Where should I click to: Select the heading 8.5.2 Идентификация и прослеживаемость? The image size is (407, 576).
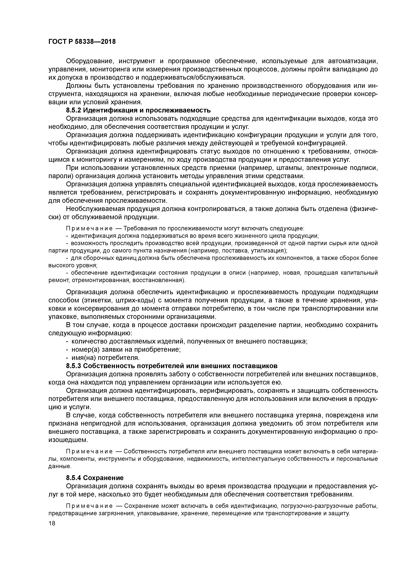click(138, 110)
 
